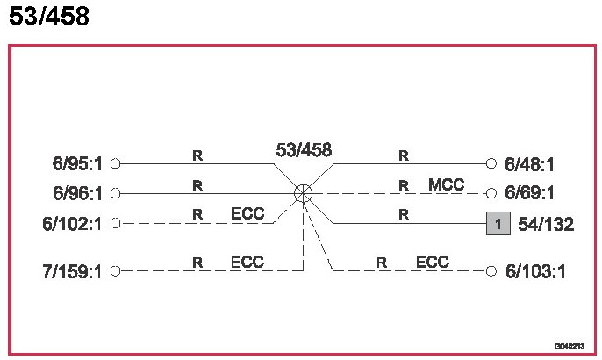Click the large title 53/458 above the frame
point(49,17)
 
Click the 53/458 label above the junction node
point(304,150)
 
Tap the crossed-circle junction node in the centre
point(303,193)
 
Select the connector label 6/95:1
point(77,163)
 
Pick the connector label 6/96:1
point(77,193)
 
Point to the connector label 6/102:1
point(74,223)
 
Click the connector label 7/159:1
point(74,271)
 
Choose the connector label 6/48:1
point(530,163)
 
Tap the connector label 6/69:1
point(530,193)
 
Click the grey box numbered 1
point(498,224)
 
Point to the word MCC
point(446,184)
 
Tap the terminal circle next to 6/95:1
point(114,163)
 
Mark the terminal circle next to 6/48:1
point(492,163)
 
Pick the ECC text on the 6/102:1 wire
point(247,213)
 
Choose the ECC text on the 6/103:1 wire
point(432,262)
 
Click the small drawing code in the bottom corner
point(567,347)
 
